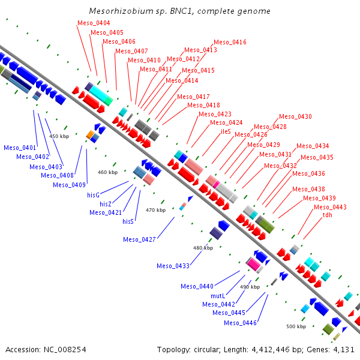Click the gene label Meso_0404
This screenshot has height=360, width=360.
[94, 23]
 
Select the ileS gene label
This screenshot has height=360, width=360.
[226, 131]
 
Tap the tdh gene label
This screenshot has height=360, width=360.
[328, 215]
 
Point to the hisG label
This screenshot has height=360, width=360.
[93, 195]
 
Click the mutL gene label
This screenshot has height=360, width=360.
[218, 296]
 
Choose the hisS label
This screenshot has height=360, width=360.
[128, 221]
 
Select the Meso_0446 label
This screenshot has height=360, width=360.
[240, 323]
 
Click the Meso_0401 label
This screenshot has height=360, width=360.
[20, 148]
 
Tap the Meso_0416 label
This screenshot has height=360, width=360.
[230, 42]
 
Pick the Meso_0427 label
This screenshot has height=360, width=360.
[139, 239]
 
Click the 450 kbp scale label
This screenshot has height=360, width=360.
[59, 136]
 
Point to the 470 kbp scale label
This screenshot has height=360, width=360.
[155, 210]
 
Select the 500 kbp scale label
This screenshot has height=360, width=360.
[296, 326]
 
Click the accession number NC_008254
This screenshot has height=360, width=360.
[65, 350]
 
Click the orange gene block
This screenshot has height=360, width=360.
[90, 134]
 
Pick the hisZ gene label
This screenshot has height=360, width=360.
[106, 204]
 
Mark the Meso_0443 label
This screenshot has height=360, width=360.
[330, 207]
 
